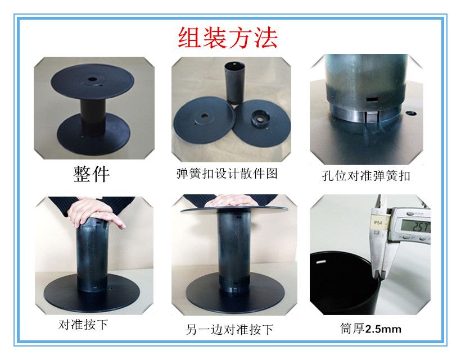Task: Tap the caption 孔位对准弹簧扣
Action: pos(366,176)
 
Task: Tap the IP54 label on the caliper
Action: pos(379,224)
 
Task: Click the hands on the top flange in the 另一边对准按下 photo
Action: pos(229,200)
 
